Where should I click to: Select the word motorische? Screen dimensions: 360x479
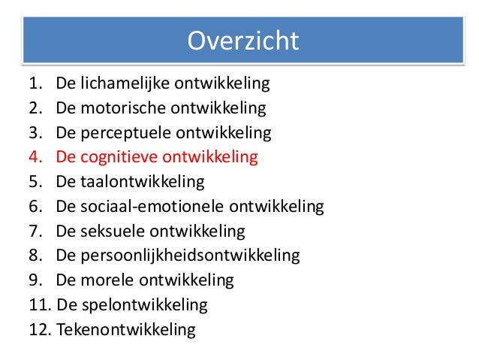(123, 109)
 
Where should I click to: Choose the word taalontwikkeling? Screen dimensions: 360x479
(140, 183)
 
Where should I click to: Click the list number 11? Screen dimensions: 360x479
(39, 305)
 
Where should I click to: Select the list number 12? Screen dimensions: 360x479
(39, 329)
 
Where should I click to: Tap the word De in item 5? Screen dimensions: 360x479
(65, 183)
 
